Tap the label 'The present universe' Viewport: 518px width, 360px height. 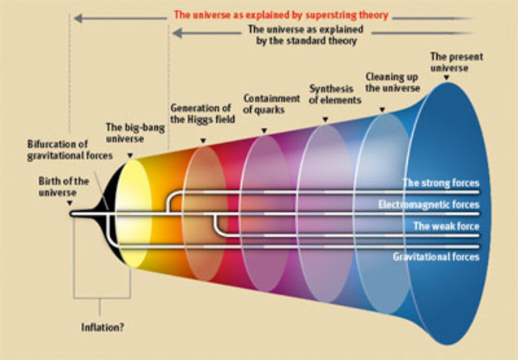point(449,61)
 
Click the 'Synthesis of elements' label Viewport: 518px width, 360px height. point(334,94)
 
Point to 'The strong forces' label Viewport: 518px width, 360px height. point(440,183)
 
